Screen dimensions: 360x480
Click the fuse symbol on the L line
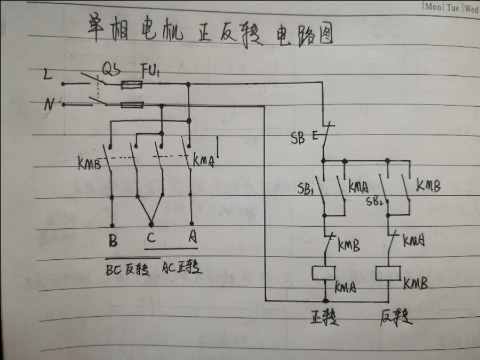pos(133,84)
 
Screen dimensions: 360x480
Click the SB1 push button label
pos(305,187)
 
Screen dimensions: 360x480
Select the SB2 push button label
pos(374,200)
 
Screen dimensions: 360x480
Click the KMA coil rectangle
pos(325,273)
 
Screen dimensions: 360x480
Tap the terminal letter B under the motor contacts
pos(113,241)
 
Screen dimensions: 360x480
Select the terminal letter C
pos(151,237)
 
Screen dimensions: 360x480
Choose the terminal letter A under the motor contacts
pos(192,238)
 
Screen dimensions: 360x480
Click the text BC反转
pos(128,269)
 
